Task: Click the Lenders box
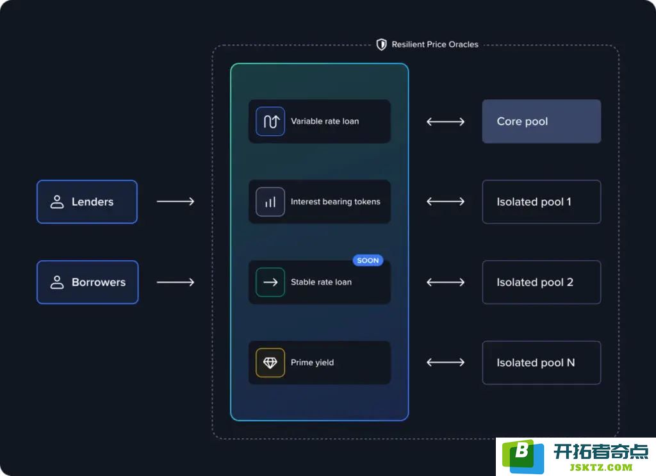point(87,202)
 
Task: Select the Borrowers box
point(87,283)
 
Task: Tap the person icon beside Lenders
point(57,202)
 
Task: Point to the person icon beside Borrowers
point(57,283)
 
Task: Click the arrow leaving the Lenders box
point(176,202)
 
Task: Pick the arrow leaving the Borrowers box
point(176,283)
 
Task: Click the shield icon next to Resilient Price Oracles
point(381,44)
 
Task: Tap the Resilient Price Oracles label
point(435,44)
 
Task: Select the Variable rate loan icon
point(270,121)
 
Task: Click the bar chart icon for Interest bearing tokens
point(270,202)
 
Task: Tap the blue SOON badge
point(368,260)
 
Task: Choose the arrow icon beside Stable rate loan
point(270,283)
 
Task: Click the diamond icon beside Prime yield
point(270,363)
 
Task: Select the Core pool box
point(541,121)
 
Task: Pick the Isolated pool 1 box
point(541,202)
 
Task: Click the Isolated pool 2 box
point(541,283)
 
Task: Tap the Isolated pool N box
point(541,363)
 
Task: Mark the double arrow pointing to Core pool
point(446,122)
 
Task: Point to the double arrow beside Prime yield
point(446,362)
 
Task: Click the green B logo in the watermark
point(523,455)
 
